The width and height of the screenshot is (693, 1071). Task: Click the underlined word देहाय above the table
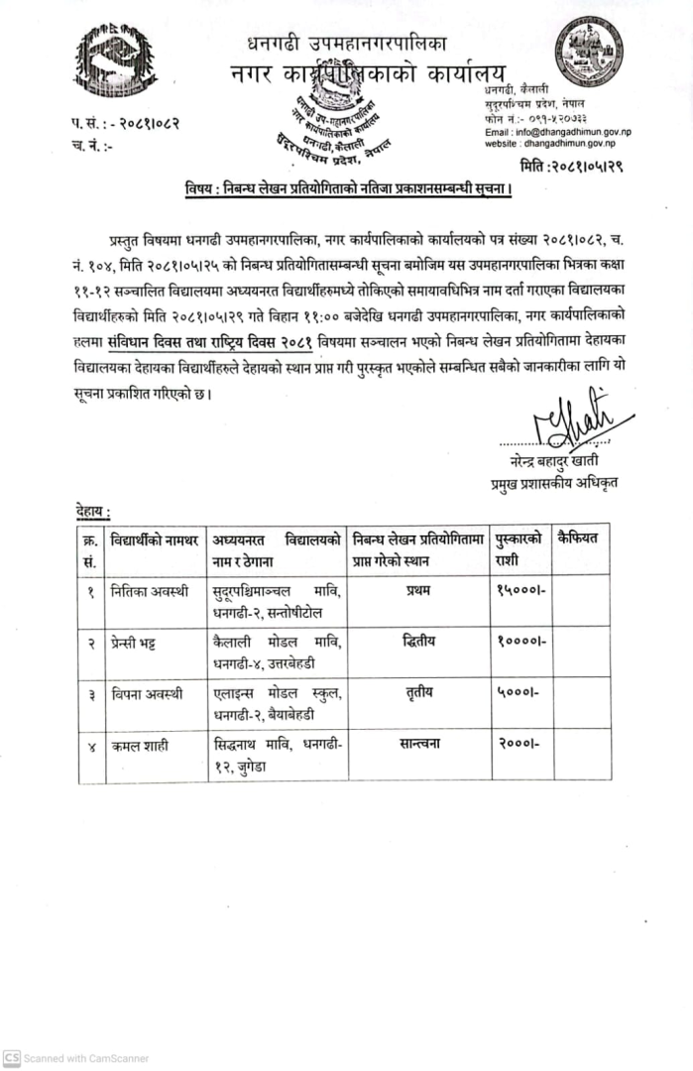[93, 511]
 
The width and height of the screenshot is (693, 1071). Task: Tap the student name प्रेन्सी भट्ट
[140, 642]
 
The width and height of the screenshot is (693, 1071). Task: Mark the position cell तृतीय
[420, 692]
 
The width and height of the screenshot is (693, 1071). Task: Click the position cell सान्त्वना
[420, 743]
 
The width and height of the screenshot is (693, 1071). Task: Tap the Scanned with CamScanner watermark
[76, 1058]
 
